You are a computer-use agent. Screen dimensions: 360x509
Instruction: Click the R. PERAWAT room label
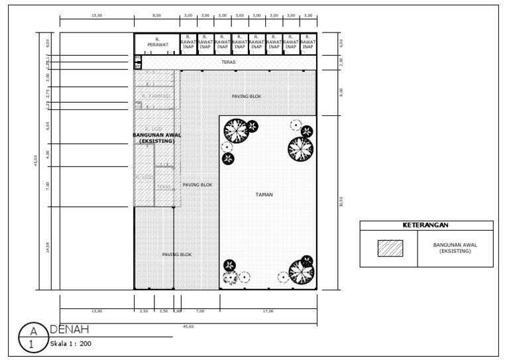coord(157,42)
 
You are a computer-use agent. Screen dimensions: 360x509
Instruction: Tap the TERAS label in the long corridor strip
coord(229,62)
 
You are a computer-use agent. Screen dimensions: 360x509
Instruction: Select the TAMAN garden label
coord(264,195)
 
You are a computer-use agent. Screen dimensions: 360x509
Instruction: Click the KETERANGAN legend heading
coord(426,225)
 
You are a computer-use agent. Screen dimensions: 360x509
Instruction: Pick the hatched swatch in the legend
coord(390,249)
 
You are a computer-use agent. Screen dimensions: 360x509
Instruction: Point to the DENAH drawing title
coord(70,330)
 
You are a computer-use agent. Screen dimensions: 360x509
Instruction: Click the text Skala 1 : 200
coord(70,344)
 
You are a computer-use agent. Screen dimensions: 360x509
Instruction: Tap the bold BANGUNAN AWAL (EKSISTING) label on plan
coord(157,137)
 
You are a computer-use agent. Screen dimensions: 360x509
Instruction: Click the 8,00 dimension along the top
coord(156,15)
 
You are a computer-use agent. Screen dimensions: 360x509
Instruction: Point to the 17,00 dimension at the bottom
coord(268,310)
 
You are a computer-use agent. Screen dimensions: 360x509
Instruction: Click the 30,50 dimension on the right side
coord(341,202)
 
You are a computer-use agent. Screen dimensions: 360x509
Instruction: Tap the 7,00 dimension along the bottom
coord(200,310)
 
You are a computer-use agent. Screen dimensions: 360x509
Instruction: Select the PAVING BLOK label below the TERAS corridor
coord(246,96)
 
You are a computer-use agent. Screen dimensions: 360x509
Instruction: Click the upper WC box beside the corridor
coord(137,59)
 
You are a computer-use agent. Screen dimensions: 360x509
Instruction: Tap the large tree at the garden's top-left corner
coord(235,131)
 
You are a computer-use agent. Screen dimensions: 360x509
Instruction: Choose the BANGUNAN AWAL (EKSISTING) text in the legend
coord(455,248)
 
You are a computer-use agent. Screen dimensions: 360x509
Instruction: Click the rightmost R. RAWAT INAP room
coord(308,42)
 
